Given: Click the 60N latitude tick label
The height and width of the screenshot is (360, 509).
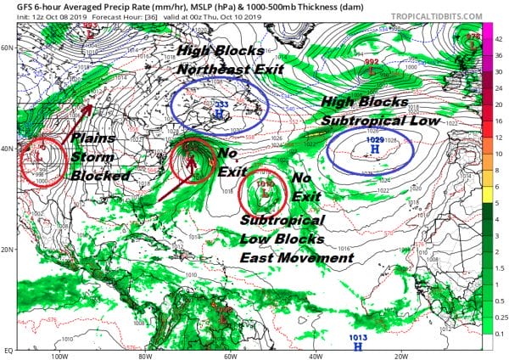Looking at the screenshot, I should (9, 48).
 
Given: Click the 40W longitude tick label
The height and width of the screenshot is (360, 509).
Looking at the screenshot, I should (316, 355).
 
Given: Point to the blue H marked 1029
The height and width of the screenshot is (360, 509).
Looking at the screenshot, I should (374, 149).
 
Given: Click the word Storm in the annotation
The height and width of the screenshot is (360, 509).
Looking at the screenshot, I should (89, 157).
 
